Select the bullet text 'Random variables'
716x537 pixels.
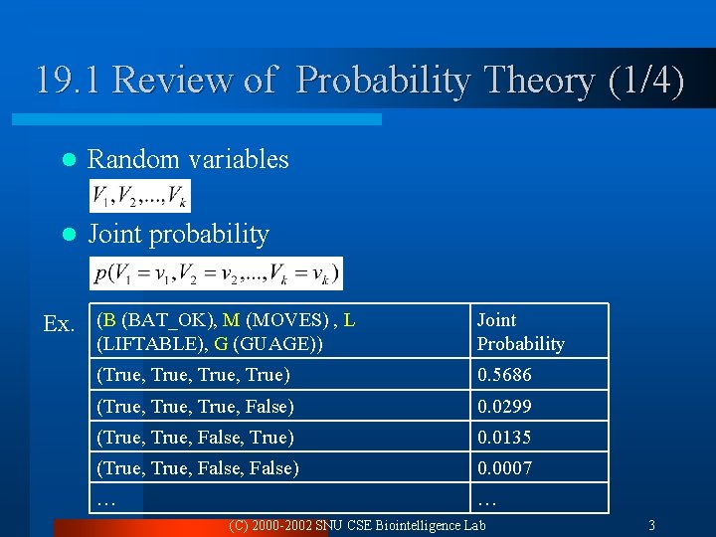tap(188, 159)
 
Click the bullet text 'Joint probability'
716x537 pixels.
tap(178, 235)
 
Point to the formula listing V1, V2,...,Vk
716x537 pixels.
tap(139, 197)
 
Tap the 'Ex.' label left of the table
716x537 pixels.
tap(59, 324)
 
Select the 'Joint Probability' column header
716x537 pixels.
tap(520, 332)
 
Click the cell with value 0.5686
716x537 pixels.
tap(504, 375)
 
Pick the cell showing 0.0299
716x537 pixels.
tap(504, 407)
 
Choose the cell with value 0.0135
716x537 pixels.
tap(504, 438)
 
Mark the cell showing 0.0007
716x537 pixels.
tap(504, 468)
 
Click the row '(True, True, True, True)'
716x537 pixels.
tap(193, 375)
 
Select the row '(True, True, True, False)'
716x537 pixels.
tap(195, 407)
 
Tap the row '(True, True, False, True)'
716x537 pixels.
tap(195, 438)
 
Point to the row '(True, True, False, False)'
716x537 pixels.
tap(197, 468)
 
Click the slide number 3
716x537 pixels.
tap(651, 525)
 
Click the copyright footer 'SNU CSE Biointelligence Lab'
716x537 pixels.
tap(398, 525)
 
